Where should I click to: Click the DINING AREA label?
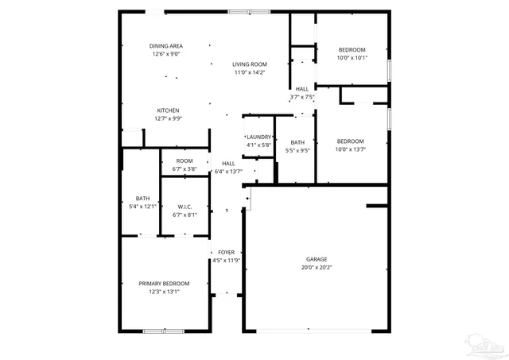point(166,46)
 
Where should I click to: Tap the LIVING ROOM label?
point(249,64)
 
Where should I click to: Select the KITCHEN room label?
point(167,110)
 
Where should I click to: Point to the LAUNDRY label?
point(259,137)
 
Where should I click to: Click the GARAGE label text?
point(317,259)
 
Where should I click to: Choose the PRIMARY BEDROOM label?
point(164,284)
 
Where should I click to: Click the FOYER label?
point(227,252)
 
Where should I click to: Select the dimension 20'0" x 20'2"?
point(317,268)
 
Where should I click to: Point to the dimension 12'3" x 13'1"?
point(164,292)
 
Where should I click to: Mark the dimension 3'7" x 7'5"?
point(302,97)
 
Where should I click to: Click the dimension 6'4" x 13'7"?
point(228,171)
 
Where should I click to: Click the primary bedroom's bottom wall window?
point(165,330)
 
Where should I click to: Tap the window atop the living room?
point(249,11)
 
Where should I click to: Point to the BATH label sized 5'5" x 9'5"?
point(297,145)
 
